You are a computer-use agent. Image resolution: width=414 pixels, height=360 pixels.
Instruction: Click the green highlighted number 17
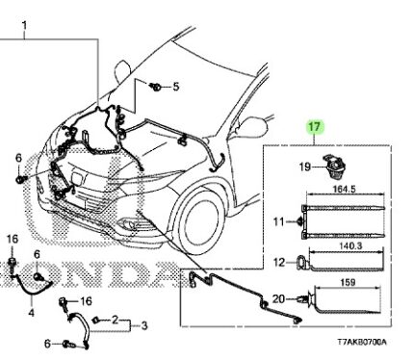pos(314,127)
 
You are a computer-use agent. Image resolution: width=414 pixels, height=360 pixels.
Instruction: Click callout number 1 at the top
pos(24,25)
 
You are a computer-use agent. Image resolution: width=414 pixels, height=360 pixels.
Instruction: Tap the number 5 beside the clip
pos(176,87)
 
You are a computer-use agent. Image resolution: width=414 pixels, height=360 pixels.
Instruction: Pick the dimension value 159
pos(348,282)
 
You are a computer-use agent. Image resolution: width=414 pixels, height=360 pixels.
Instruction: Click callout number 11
pos(278,221)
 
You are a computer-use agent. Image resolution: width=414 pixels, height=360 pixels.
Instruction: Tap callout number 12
pos(279,263)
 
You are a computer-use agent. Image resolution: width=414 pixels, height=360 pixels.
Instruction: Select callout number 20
pos(278,299)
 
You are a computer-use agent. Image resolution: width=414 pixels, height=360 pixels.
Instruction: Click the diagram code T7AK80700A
pos(362,342)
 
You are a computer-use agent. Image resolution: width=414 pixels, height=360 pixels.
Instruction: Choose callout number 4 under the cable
pos(31,312)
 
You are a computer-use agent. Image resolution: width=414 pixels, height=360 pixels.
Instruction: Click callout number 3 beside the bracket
pos(144,325)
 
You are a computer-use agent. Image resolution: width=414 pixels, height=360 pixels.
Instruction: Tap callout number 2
pos(115,320)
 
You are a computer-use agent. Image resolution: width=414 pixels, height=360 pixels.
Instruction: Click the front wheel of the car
pos(199,219)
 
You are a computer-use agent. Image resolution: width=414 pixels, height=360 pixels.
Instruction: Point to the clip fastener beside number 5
pos(156,87)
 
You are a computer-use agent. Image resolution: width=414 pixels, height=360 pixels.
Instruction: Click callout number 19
pos(305,167)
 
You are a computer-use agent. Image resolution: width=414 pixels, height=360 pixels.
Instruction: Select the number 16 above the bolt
pos(13,239)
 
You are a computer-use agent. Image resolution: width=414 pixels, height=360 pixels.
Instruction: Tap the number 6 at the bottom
pos(47,344)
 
